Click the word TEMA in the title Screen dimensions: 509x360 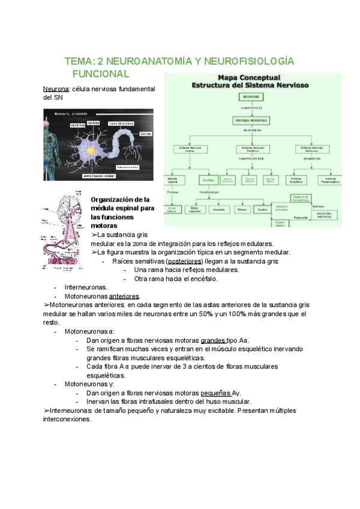click(x=78, y=62)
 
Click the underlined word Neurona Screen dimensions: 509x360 click(x=56, y=89)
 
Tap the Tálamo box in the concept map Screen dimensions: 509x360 click(x=240, y=209)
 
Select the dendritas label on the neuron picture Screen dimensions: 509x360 click(x=77, y=125)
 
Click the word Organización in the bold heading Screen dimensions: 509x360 click(x=113, y=199)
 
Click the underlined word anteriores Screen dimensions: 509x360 click(x=124, y=297)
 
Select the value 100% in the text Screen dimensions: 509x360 click(x=239, y=314)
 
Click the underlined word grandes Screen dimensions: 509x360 click(x=213, y=340)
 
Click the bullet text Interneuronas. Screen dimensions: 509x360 click(x=86, y=288)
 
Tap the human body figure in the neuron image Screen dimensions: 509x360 click(x=49, y=144)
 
